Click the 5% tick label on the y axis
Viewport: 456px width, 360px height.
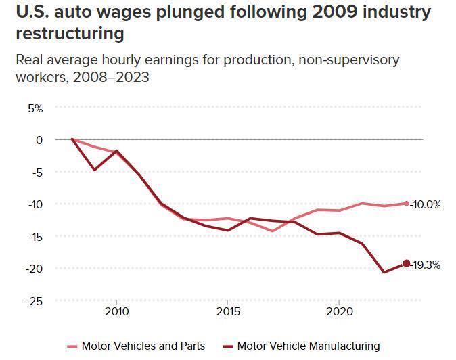(35, 108)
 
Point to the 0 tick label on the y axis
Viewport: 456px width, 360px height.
(39, 139)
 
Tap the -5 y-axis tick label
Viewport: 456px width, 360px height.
(37, 172)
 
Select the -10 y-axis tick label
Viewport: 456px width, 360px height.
(35, 204)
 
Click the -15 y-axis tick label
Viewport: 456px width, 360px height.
(35, 236)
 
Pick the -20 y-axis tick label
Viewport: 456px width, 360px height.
(35, 268)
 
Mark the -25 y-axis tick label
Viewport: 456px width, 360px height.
(35, 300)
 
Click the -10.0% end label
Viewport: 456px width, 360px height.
(426, 204)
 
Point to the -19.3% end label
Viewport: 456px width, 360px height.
(426, 265)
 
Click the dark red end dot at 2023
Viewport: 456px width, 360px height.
(406, 264)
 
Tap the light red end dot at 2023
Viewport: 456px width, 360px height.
(406, 203)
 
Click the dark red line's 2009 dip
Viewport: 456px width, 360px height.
(94, 170)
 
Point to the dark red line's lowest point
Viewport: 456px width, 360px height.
(384, 272)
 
